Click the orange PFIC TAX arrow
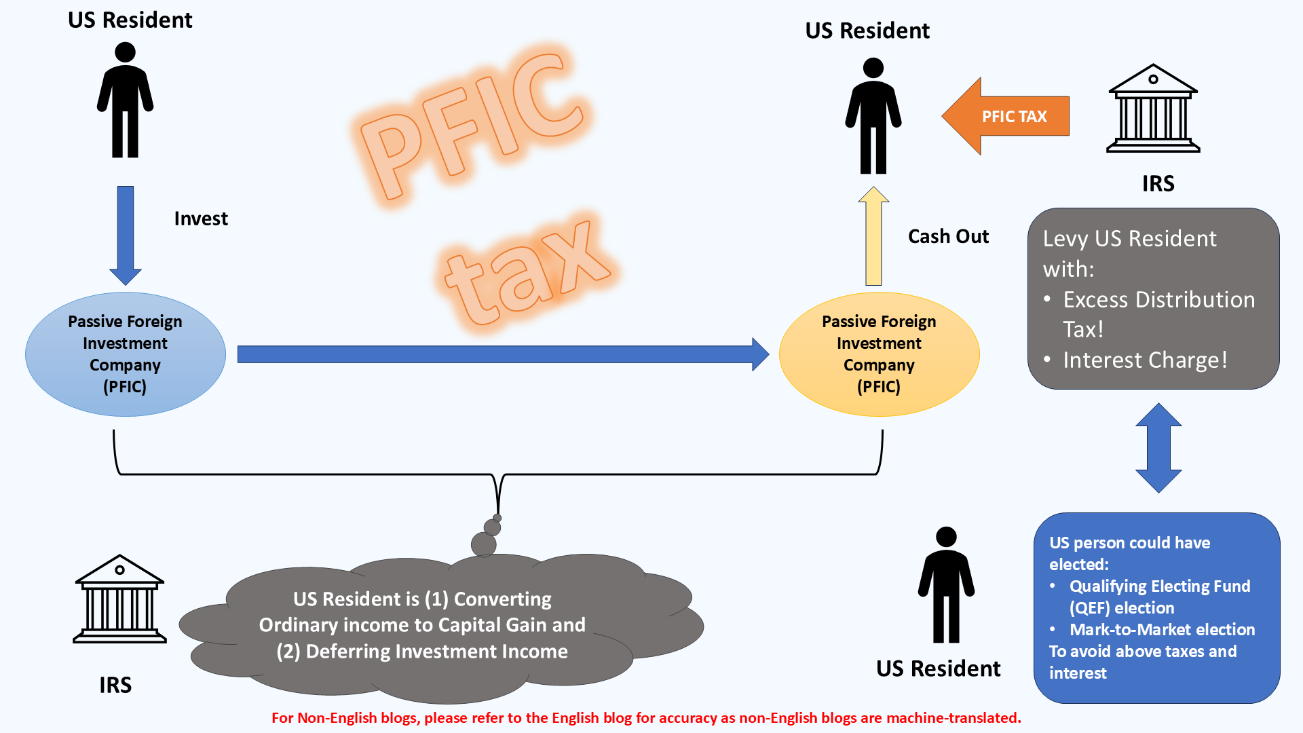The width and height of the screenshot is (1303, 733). pos(1005,116)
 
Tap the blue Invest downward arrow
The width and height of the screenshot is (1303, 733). pos(126,234)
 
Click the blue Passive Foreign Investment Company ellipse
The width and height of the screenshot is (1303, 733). pos(126,354)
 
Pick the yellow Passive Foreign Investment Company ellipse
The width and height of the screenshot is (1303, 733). pos(879,354)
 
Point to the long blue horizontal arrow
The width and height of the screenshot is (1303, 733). pos(502,354)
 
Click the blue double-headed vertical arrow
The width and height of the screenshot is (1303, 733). pos(1158,448)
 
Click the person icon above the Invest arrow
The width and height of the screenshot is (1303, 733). pos(126,100)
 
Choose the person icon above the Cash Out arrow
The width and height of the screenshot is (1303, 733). pos(873,116)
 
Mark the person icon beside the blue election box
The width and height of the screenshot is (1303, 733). pos(946,585)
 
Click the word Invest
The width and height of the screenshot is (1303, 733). pos(201,219)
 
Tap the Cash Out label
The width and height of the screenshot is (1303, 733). pos(948,236)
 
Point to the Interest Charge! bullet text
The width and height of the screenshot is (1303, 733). pos(1145,360)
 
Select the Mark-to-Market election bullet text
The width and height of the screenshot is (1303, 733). pos(1162,629)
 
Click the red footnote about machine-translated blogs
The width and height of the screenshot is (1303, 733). pos(646,718)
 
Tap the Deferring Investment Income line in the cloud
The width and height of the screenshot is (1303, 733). pos(422,652)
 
